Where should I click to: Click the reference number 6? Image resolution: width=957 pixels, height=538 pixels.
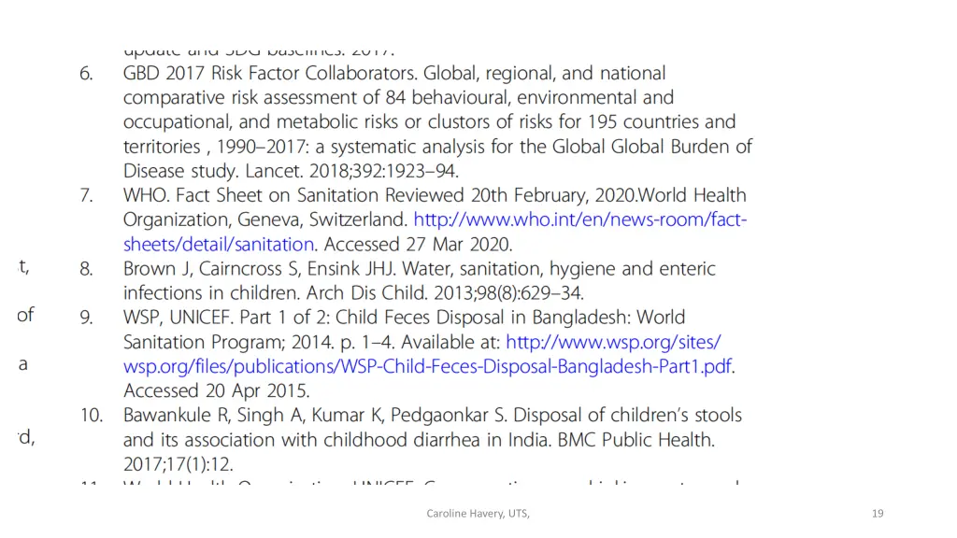[x=86, y=74]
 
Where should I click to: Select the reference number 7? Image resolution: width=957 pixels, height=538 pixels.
[x=86, y=196]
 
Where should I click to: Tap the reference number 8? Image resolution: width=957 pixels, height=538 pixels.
[x=86, y=269]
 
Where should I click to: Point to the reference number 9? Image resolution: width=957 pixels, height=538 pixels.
[x=86, y=318]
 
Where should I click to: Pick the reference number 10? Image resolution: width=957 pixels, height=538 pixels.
[x=91, y=415]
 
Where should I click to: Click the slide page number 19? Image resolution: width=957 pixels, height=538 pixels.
[x=877, y=513]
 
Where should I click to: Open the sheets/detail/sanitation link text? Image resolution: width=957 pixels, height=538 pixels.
[x=219, y=245]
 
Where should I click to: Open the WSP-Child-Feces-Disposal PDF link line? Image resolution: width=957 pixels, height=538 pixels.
[x=427, y=366]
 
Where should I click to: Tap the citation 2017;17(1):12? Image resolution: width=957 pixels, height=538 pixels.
[x=179, y=463]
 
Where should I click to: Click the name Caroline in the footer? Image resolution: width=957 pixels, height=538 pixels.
[x=449, y=513]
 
